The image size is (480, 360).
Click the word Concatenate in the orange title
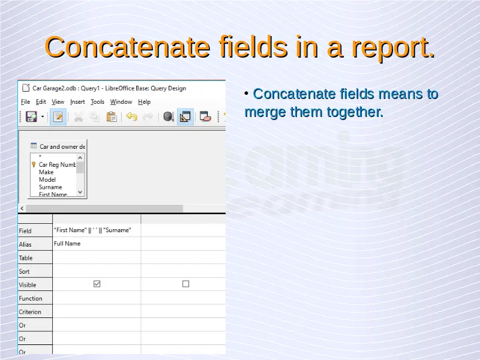(x=127, y=47)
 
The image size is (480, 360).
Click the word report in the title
(x=393, y=49)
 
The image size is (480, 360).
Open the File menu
(x=25, y=101)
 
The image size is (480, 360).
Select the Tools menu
(x=97, y=101)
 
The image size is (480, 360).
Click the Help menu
(x=144, y=101)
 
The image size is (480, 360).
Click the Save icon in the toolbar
(x=31, y=116)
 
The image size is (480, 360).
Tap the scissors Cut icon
(x=79, y=116)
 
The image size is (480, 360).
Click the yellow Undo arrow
(x=131, y=116)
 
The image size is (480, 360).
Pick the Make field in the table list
(x=46, y=172)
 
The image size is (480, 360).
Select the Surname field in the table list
(x=50, y=187)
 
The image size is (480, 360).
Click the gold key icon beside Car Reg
(x=34, y=164)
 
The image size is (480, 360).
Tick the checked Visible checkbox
(x=97, y=284)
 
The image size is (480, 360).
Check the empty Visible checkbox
(x=185, y=284)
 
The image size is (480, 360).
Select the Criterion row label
(x=29, y=311)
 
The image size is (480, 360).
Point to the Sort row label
(x=24, y=271)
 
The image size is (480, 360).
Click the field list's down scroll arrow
(x=80, y=192)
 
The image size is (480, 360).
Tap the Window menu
(x=121, y=101)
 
